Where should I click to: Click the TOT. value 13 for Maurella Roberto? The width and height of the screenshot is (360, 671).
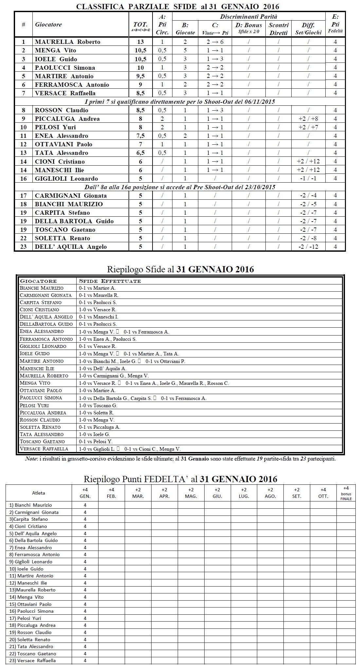point(140,42)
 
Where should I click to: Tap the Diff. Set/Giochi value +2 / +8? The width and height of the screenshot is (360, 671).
point(308,118)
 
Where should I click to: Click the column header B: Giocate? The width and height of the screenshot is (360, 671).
point(185,28)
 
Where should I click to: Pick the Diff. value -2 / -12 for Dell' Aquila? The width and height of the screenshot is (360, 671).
point(308,246)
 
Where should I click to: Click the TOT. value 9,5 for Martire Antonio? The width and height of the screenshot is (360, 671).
point(140,76)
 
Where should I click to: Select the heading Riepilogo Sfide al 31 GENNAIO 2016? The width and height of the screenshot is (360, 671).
point(180,269)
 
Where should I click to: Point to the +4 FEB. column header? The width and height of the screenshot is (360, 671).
point(111,493)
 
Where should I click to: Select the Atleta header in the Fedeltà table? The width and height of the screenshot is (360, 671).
point(39,493)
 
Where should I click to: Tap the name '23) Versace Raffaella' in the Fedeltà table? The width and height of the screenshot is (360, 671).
point(33,661)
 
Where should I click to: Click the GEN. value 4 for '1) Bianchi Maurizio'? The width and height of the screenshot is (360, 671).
point(85,505)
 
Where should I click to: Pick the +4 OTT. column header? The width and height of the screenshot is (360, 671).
point(323,493)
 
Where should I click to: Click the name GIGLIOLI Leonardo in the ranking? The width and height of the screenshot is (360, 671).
point(66,178)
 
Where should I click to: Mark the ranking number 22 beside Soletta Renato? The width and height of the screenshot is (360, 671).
point(23,238)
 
